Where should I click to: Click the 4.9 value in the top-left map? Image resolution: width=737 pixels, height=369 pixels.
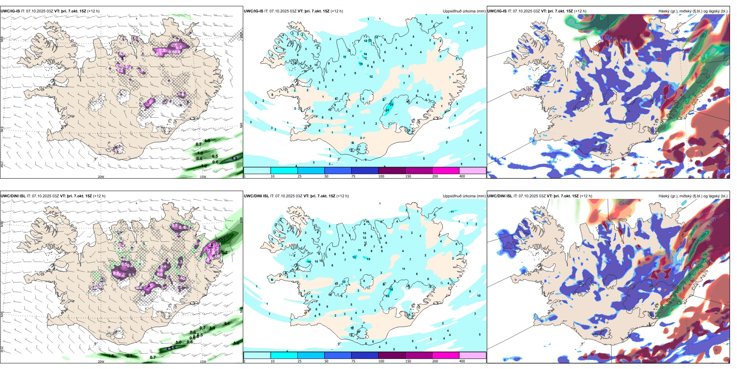click(234, 158)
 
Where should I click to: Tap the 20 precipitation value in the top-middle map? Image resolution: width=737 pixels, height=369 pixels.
click(391, 104)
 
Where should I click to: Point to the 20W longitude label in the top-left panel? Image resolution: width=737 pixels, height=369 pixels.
click(101, 177)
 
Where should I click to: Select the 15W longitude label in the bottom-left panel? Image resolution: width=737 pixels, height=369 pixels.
click(203, 362)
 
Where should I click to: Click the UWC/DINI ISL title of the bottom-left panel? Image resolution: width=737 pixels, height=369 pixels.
click(13, 196)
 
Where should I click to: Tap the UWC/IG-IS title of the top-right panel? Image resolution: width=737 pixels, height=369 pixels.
click(497, 11)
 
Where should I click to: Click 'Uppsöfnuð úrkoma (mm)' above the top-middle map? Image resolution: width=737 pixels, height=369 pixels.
click(464, 11)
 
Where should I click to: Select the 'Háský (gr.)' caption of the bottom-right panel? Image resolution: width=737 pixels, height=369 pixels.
click(670, 196)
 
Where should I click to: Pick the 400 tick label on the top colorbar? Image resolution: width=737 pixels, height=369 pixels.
click(462, 176)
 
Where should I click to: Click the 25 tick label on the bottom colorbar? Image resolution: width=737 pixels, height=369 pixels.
click(299, 361)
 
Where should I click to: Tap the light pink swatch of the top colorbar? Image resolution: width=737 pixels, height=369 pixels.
click(472, 171)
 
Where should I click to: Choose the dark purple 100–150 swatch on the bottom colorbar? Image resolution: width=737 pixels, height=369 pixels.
click(391, 355)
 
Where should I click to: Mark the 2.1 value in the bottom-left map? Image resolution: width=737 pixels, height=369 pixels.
click(130, 355)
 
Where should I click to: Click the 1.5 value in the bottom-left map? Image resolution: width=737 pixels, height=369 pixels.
click(111, 356)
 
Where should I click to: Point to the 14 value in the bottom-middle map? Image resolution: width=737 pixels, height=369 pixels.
click(309, 262)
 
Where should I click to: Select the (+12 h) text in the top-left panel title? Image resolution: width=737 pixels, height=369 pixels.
click(93, 11)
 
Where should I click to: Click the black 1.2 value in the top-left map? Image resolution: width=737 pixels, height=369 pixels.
click(204, 166)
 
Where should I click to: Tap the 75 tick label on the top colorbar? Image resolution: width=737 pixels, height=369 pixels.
click(353, 176)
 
